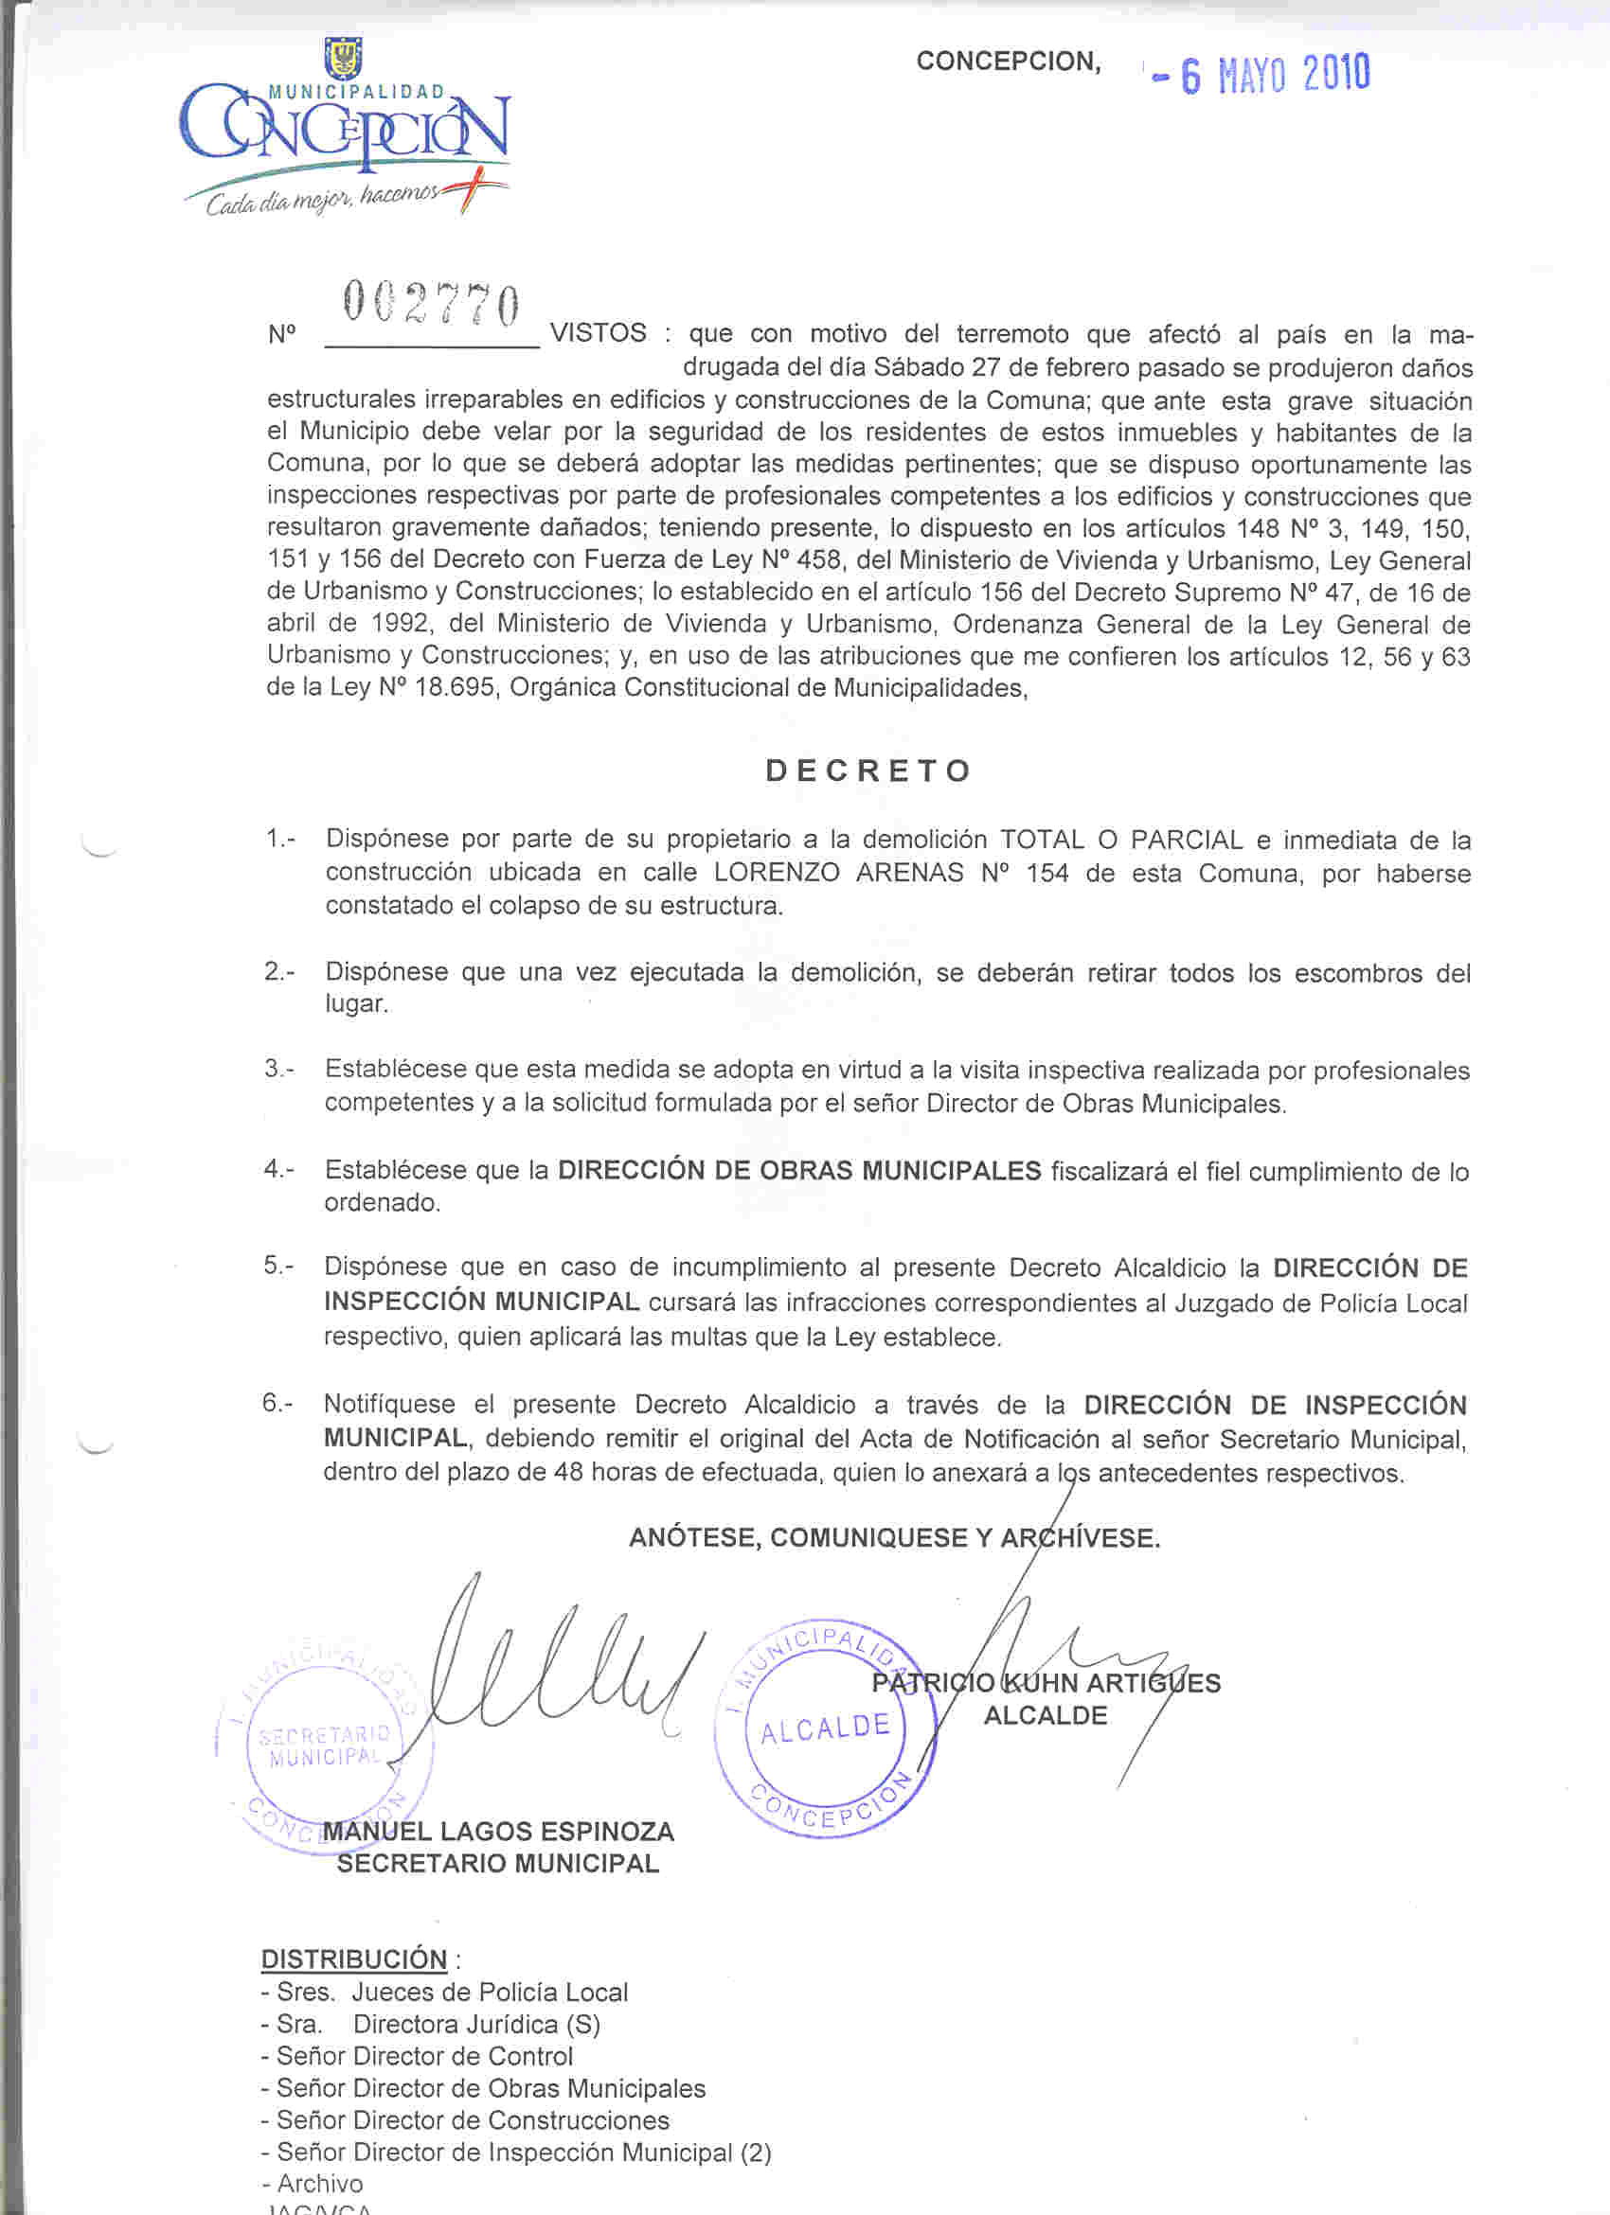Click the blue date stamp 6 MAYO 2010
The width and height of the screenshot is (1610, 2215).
[x=1262, y=74]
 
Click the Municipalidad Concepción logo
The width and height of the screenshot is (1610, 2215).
[x=345, y=128]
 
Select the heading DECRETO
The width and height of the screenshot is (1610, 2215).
[x=868, y=771]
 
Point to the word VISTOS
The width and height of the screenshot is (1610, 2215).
[x=598, y=333]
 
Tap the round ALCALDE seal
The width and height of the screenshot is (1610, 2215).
[x=827, y=1728]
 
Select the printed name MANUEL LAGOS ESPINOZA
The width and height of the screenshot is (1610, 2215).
[x=498, y=1832]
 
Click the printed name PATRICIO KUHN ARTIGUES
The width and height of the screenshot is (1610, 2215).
[x=1046, y=1683]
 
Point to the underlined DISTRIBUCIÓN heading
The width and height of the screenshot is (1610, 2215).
[x=353, y=1959]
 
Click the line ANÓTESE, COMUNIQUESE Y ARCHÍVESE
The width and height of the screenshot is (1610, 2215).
[x=894, y=1538]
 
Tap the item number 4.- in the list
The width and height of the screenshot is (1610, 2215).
[x=278, y=1168]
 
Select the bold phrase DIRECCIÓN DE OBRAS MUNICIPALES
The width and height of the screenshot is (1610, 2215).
[x=799, y=1170]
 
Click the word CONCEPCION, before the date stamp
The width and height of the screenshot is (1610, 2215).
[x=1009, y=62]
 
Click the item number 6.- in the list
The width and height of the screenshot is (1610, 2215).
[x=277, y=1404]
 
